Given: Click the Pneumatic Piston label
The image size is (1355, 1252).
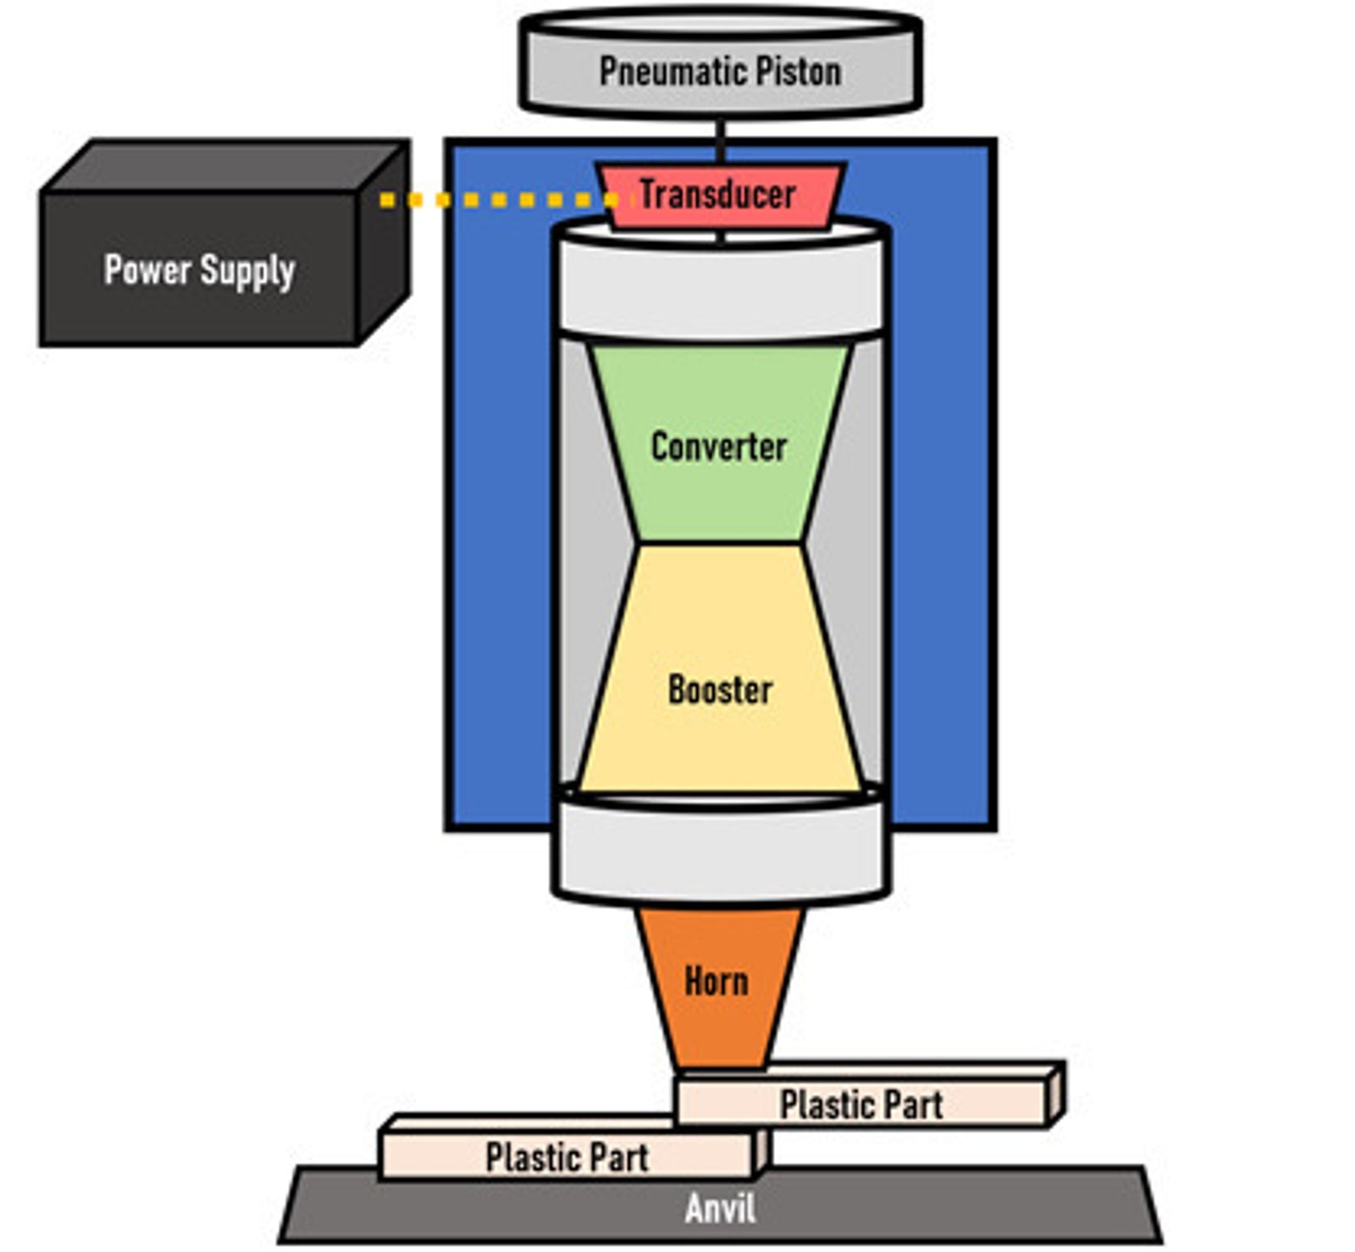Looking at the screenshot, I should [x=720, y=71].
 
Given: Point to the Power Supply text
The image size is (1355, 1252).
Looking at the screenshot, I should [x=199, y=270].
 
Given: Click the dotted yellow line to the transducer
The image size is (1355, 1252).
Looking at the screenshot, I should [x=500, y=200].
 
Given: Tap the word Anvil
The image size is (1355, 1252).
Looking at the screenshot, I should [x=720, y=1209].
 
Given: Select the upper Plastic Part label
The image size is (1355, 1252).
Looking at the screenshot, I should [x=861, y=1105].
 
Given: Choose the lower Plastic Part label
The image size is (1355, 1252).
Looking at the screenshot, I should [x=567, y=1156].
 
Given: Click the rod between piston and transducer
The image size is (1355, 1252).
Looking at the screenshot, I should [x=721, y=139].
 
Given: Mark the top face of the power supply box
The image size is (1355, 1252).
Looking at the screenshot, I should [x=224, y=166].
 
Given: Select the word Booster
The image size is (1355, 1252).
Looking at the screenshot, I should [x=720, y=690].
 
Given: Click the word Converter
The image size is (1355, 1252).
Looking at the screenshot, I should [x=719, y=446].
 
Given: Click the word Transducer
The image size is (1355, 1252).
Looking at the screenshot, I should [x=717, y=194].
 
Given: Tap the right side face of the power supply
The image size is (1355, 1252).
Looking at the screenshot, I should [x=384, y=246].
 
